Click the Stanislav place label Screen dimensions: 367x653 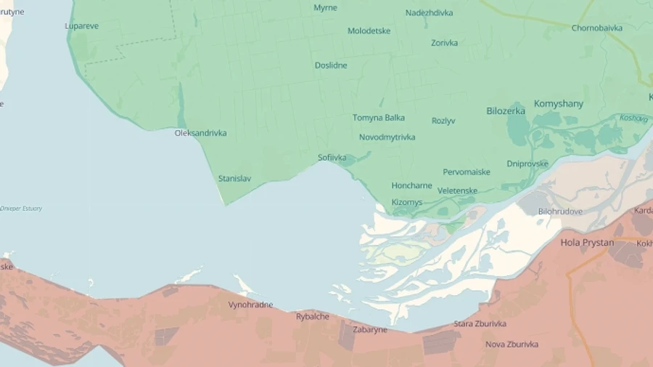[x=235, y=178]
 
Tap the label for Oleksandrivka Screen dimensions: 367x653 [x=200, y=133]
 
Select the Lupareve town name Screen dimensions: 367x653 [x=81, y=26]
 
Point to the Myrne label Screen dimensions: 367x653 [x=325, y=7]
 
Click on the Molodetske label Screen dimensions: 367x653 [x=369, y=31]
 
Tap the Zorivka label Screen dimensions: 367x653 [x=444, y=43]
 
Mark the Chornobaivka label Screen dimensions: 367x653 [x=596, y=28]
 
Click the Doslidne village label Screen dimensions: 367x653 [x=331, y=65]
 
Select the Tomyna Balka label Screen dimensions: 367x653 [x=379, y=118]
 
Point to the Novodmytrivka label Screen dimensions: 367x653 [x=387, y=137]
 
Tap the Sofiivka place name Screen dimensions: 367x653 [x=332, y=158]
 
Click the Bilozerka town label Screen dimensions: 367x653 [x=506, y=110]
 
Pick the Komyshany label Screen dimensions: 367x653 [x=558, y=104]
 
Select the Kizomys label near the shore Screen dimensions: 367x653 [x=406, y=203]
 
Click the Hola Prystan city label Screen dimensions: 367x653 [x=587, y=243]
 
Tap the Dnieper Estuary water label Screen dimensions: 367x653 [x=21, y=209]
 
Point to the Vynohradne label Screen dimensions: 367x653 [x=250, y=305]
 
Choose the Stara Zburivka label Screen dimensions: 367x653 [x=480, y=323]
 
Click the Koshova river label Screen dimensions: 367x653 [x=633, y=118]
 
